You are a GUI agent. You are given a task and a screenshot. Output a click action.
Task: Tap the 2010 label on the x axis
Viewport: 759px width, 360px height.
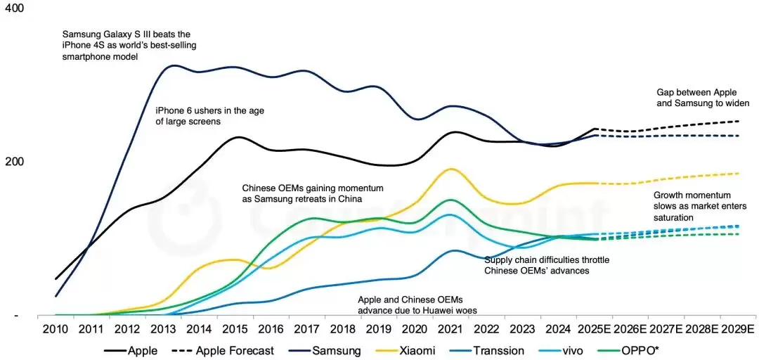click(56, 329)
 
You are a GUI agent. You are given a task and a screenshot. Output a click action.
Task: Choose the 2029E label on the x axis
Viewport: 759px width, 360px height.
click(739, 329)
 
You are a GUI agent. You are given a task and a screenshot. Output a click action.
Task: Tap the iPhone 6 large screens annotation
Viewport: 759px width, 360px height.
click(209, 115)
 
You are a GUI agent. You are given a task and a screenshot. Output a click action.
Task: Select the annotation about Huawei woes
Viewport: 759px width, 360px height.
click(411, 304)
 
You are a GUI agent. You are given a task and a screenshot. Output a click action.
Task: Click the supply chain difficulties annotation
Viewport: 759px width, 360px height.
click(547, 265)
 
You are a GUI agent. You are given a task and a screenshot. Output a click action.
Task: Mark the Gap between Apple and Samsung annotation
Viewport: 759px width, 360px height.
click(703, 97)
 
